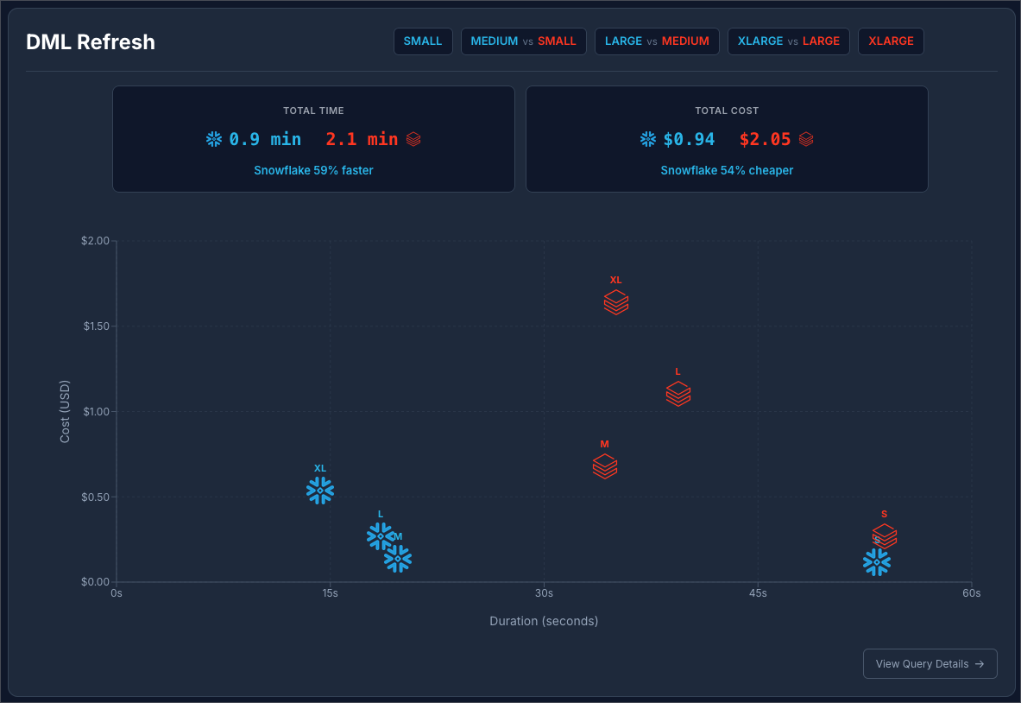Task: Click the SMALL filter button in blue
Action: point(423,41)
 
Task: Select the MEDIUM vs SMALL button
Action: point(523,41)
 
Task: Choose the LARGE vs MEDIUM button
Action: point(657,41)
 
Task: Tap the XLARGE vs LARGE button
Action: point(789,41)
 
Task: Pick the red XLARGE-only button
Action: point(891,41)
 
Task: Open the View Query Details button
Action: point(930,664)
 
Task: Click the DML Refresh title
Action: point(91,42)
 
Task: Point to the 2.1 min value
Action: point(362,139)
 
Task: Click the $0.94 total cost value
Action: point(689,139)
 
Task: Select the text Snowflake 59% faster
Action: point(313,171)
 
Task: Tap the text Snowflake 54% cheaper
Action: point(727,171)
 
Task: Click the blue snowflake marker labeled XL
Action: point(320,491)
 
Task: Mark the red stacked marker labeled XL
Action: point(615,302)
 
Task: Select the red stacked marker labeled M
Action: point(605,466)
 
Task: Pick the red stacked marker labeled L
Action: point(678,394)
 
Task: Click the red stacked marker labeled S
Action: point(885,535)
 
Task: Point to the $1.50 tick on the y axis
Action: point(96,326)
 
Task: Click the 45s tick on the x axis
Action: point(758,593)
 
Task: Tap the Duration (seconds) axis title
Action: point(544,621)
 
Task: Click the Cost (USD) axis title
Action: point(65,411)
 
